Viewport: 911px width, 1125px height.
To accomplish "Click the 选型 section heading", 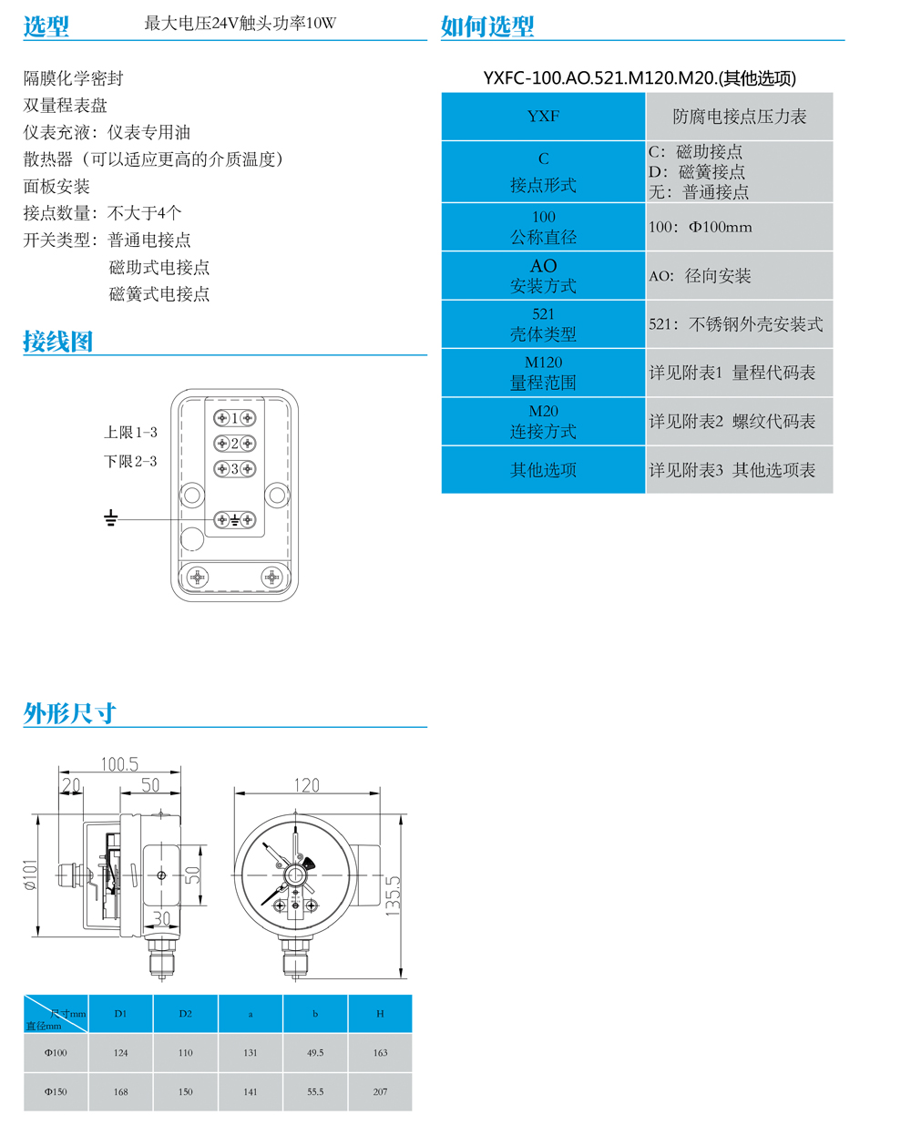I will click(46, 26).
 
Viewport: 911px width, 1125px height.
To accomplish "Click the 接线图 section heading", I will click(57, 342).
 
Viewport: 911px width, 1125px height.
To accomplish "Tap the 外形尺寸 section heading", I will click(69, 713).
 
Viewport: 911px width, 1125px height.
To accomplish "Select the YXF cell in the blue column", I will click(543, 117).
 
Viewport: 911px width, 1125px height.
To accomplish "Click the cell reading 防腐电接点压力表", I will click(739, 117).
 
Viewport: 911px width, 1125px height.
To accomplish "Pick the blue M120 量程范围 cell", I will click(543, 373).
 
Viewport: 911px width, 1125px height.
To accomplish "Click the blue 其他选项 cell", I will click(543, 470).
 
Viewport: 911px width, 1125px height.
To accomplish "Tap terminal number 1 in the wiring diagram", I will click(234, 418).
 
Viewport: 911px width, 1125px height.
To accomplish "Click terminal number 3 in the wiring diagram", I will click(234, 469).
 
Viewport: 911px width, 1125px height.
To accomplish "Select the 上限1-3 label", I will click(130, 433).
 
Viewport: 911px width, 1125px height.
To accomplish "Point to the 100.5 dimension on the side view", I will click(119, 764).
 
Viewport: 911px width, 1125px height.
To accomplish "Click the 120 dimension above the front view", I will click(306, 785).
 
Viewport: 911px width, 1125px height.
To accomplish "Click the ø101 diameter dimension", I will click(31, 874).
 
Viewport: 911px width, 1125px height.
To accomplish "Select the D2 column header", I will click(186, 1014).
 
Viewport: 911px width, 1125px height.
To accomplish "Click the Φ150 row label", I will click(56, 1091).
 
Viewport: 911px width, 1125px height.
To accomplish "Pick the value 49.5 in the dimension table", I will click(315, 1053).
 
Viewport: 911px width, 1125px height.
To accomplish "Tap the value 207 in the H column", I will click(380, 1091).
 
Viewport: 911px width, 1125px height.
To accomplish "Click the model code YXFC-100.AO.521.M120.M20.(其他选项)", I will click(640, 78).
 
